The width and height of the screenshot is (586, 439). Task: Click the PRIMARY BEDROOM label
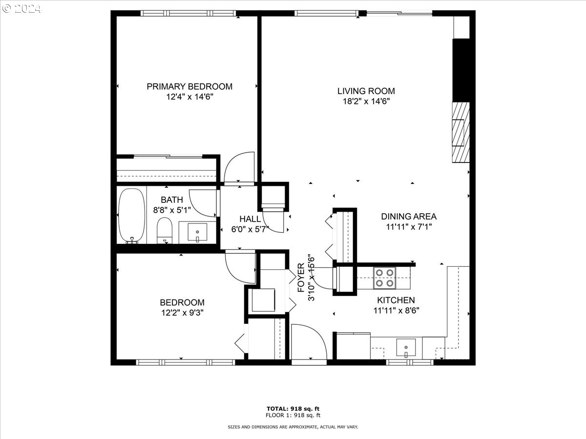(189, 86)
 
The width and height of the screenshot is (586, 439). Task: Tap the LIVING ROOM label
(366, 91)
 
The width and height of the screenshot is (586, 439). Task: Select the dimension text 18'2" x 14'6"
(366, 101)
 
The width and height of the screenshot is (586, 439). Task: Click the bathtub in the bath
(131, 215)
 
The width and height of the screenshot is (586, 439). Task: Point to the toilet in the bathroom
(165, 230)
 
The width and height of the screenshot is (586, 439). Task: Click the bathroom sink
(197, 232)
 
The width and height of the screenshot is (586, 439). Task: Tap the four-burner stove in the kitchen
(384, 278)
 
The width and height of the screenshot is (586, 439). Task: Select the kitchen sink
(405, 348)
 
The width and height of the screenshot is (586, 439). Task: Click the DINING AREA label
(409, 216)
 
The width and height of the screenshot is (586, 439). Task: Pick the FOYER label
(301, 278)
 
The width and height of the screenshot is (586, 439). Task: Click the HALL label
(250, 219)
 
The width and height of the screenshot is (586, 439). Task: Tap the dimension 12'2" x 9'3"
(182, 313)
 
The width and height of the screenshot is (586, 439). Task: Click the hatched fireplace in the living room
(460, 132)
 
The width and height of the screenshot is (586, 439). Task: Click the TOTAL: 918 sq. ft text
(293, 408)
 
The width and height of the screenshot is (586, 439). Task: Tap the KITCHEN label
(396, 300)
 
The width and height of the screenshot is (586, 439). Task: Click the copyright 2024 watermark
(21, 8)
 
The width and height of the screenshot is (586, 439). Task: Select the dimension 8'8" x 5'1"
(171, 209)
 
